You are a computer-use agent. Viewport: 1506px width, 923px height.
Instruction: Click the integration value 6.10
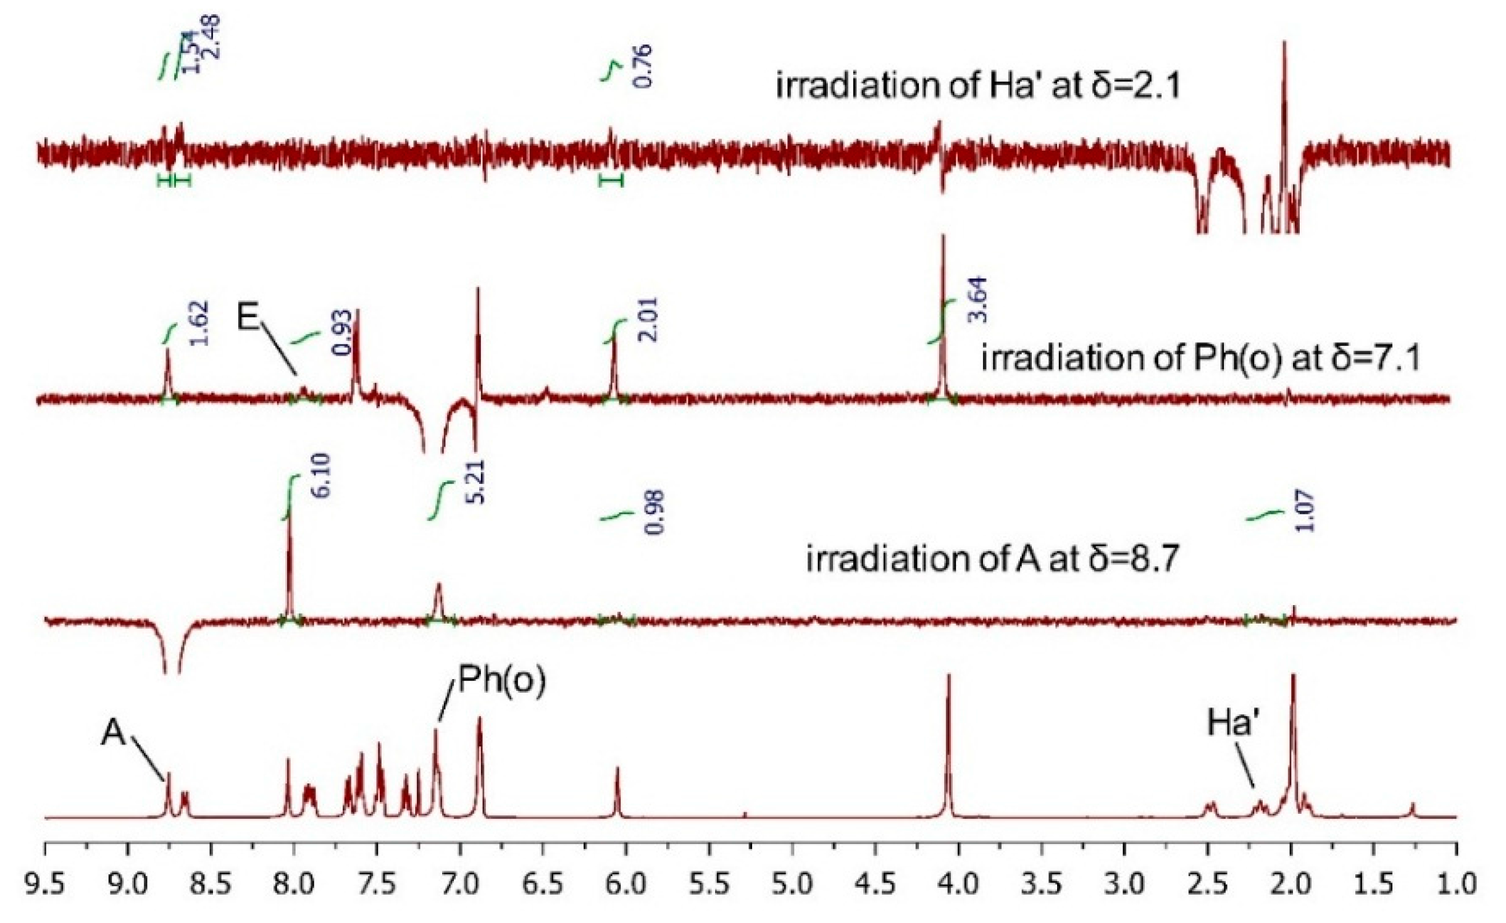pos(322,475)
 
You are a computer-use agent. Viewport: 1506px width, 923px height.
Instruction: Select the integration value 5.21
pos(476,482)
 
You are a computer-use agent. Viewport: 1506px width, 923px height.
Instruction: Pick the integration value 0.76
pos(642,66)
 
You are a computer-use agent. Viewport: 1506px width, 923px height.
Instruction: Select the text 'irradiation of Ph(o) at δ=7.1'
pos(1200,358)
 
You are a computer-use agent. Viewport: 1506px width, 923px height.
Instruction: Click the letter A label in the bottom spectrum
pos(113,733)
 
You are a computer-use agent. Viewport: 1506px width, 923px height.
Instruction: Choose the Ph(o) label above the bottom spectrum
pos(501,682)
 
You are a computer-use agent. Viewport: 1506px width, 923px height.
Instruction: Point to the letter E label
pos(248,319)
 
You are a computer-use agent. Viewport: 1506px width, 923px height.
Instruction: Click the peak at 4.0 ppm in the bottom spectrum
pos(948,741)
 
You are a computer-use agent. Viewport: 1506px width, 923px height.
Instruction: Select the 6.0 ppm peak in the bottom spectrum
pos(617,790)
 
